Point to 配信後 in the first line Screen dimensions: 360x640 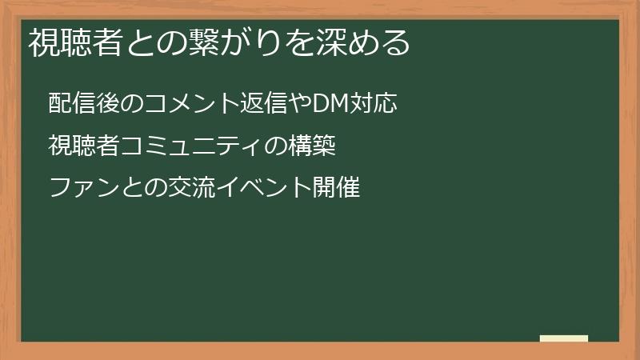point(78,103)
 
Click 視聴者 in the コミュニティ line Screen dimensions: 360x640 point(78,146)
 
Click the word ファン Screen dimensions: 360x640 point(78,189)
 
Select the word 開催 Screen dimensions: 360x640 point(338,189)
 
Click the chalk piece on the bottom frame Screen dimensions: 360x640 point(564,338)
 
